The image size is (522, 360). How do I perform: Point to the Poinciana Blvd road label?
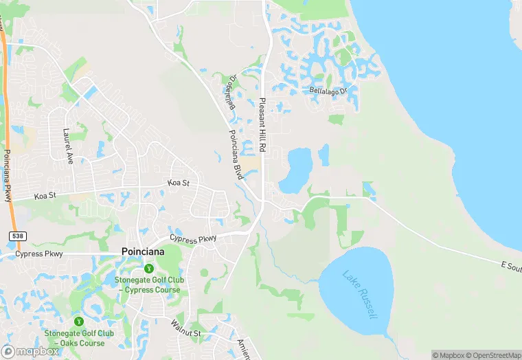pyautogui.click(x=236, y=155)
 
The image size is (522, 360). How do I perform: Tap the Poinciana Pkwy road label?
pyautogui.click(x=8, y=176)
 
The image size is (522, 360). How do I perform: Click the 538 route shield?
pyautogui.click(x=17, y=236)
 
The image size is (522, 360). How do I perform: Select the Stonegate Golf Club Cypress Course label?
pyautogui.click(x=148, y=284)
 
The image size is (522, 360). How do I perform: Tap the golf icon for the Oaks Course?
pyautogui.click(x=79, y=321)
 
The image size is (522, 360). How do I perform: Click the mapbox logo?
pyautogui.click(x=30, y=350)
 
